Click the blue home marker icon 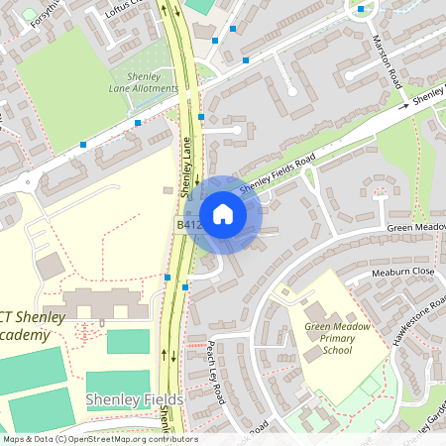pos(223,214)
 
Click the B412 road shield pos(188,225)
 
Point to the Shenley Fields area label pos(134,399)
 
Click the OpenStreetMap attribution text pos(99,439)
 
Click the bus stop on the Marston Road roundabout pos(361,9)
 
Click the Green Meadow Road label pos(415,227)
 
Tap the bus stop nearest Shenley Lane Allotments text pos(138,123)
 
